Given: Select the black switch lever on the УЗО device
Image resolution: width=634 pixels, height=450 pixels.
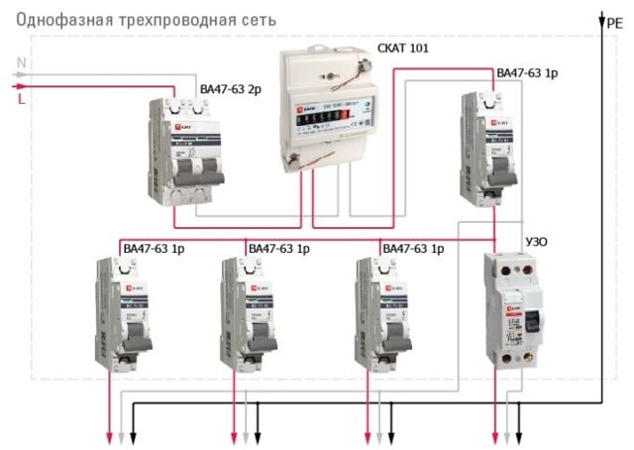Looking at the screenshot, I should tap(532, 319).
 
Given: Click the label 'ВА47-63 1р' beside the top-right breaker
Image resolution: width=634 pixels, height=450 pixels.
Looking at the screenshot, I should tap(527, 73).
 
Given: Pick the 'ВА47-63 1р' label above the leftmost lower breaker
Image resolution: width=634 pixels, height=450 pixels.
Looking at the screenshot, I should tap(153, 248).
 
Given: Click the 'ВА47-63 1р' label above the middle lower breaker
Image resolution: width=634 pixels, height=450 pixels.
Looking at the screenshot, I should tap(279, 248).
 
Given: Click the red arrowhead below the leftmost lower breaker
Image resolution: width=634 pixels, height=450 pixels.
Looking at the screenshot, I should tap(110, 436).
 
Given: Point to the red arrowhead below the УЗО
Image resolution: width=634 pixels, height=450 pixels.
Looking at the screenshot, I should tap(495, 436).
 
